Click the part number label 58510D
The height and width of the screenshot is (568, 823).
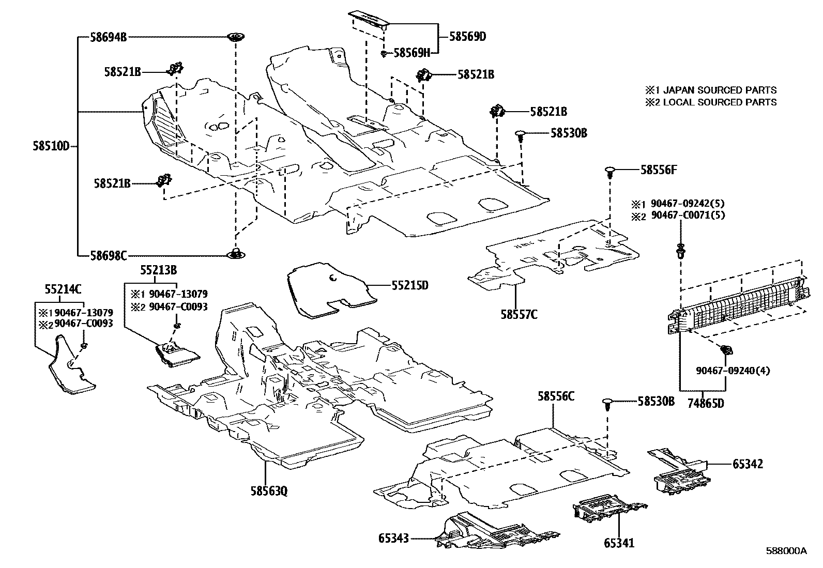(51, 146)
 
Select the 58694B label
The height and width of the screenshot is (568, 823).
(108, 37)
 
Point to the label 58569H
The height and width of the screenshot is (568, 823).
(412, 52)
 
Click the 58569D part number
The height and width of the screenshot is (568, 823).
(467, 37)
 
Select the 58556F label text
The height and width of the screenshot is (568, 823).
(659, 169)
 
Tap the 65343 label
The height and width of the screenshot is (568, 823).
(393, 539)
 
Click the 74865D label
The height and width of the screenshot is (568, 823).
(705, 403)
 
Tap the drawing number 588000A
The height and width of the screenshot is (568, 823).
(786, 551)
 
